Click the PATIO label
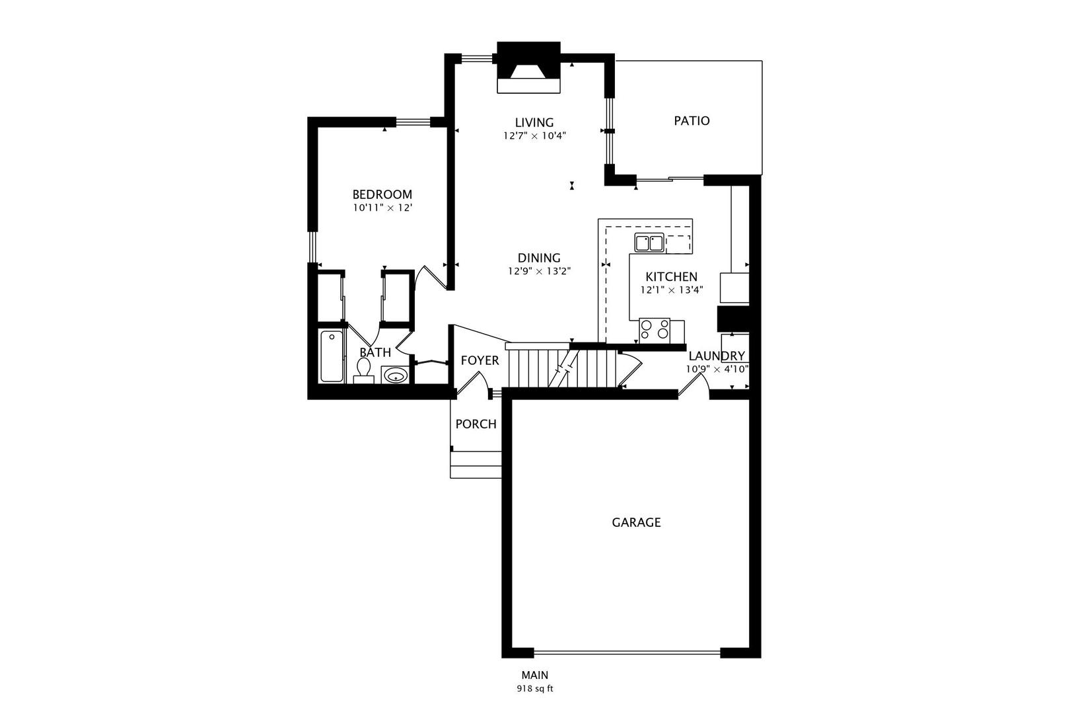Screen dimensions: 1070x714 pyautogui.click(x=692, y=121)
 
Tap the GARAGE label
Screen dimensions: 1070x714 pyautogui.click(x=636, y=523)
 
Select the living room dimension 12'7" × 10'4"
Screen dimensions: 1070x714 pyautogui.click(x=534, y=136)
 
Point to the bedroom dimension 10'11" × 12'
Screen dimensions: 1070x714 pyautogui.click(x=382, y=208)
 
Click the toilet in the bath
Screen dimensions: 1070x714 pyautogui.click(x=363, y=371)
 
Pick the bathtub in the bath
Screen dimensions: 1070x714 pyautogui.click(x=332, y=356)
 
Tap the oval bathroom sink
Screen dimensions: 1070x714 pyautogui.click(x=395, y=376)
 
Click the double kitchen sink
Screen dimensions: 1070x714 pyautogui.click(x=649, y=243)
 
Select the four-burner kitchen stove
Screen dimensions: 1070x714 pyautogui.click(x=655, y=331)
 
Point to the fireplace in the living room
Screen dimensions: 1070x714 pyautogui.click(x=528, y=67)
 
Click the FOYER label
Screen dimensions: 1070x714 pyautogui.click(x=480, y=360)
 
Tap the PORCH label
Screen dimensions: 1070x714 pyautogui.click(x=476, y=424)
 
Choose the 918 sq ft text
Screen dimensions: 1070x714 pyautogui.click(x=535, y=689)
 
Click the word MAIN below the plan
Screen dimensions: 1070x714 pyautogui.click(x=535, y=675)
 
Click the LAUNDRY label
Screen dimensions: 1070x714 pyautogui.click(x=717, y=356)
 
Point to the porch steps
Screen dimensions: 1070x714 pyautogui.click(x=476, y=464)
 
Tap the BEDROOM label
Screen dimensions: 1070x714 pyautogui.click(x=382, y=194)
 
